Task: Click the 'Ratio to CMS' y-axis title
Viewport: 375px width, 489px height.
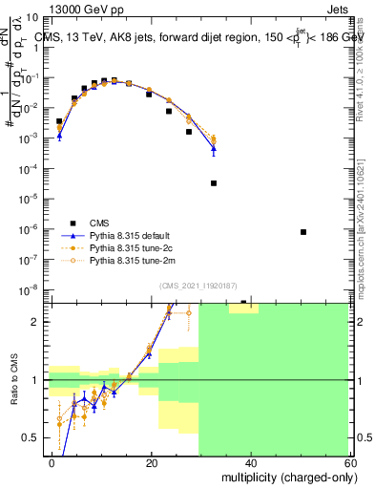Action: (12, 380)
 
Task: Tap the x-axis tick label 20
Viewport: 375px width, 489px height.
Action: (152, 462)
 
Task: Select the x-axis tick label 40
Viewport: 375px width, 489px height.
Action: (250, 462)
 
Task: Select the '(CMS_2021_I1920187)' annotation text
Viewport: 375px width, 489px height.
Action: (198, 286)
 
